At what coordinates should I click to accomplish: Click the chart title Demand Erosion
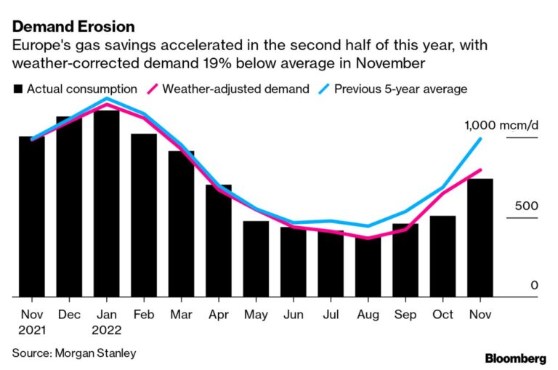point(74,27)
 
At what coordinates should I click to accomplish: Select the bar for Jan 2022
point(107,204)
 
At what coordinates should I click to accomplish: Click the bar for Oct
point(442,256)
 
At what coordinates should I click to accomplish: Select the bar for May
point(256,259)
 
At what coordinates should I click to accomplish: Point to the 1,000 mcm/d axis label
point(501,125)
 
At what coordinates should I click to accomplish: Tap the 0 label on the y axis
point(534,286)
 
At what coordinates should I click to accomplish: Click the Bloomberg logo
point(515,358)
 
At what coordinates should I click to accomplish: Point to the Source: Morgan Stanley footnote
point(73,353)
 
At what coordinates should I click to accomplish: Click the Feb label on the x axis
point(143,315)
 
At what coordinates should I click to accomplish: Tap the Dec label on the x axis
point(69,315)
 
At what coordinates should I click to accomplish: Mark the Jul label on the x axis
point(331,315)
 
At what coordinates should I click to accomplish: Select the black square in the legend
point(18,89)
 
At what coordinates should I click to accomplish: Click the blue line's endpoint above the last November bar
point(480,139)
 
